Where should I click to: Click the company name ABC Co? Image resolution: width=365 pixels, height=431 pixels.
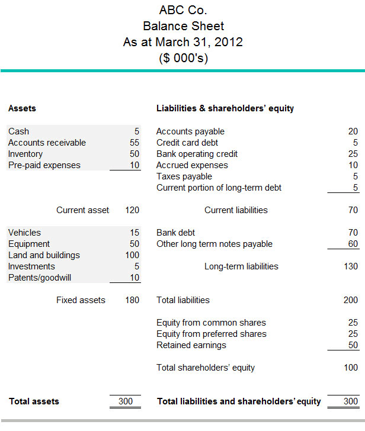[183, 10]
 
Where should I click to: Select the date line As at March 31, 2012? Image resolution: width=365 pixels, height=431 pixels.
[183, 42]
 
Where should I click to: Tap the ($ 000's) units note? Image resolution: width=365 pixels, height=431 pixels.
[183, 58]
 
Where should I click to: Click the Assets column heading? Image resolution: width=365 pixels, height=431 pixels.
[22, 108]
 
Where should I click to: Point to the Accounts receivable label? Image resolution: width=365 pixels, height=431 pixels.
[47, 143]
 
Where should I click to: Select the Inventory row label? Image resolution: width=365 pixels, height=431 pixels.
[25, 154]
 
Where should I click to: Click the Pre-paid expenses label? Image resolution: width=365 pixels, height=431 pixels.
[44, 165]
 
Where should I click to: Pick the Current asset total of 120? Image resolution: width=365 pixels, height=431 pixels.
[133, 210]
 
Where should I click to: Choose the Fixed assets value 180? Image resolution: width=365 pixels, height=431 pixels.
[133, 300]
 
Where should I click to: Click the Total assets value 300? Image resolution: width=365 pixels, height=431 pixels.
[126, 401]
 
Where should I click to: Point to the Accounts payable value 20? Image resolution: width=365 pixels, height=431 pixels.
[353, 131]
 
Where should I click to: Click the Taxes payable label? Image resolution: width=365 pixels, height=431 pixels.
[184, 176]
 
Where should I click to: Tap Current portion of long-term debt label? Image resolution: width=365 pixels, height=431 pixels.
[219, 188]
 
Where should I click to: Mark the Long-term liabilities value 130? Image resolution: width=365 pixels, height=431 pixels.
[351, 266]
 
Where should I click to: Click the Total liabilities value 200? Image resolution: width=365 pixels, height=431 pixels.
[351, 300]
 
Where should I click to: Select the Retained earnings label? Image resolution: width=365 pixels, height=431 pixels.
[191, 345]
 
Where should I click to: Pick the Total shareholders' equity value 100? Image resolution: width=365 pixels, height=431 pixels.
[351, 368]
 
